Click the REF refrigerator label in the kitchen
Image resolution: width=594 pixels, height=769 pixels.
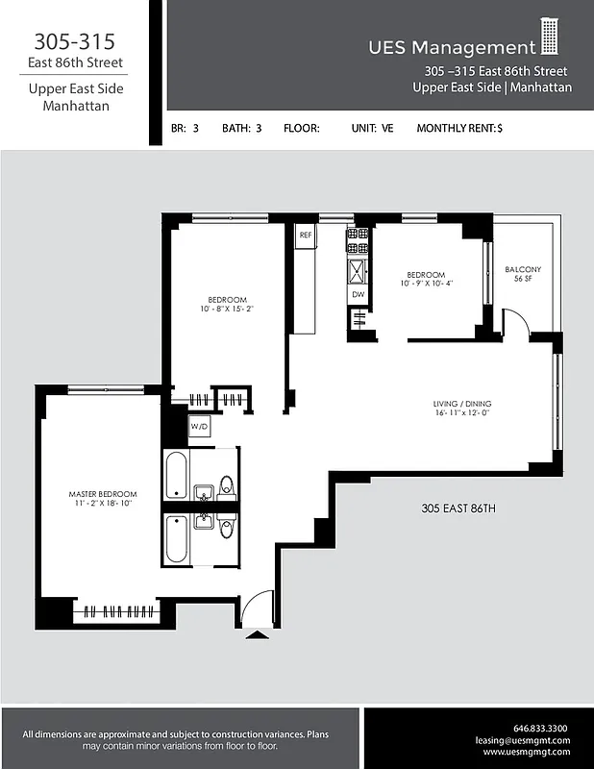click(306, 235)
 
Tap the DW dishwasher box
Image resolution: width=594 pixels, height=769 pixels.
click(358, 294)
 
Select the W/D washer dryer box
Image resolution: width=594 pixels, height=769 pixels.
click(200, 425)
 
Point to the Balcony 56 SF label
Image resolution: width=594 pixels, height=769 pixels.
click(523, 273)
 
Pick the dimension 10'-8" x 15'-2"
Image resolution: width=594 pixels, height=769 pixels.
click(227, 310)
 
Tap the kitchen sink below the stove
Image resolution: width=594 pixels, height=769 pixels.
click(358, 269)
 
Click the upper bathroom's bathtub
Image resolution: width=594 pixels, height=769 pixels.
click(176, 475)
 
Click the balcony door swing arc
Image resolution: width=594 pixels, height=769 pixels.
click(514, 322)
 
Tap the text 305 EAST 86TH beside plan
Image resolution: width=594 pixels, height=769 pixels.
click(458, 508)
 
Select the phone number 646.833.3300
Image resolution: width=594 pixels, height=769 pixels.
click(540, 728)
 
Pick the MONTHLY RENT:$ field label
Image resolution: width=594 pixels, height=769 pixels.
click(459, 128)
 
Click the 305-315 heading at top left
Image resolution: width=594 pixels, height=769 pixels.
click(75, 41)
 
